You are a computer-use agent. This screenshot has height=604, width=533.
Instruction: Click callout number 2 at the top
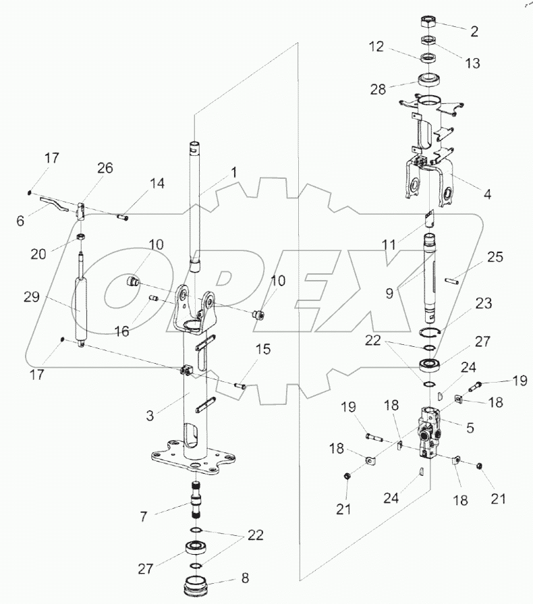pos(474,30)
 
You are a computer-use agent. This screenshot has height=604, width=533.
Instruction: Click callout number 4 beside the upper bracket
pos(487,194)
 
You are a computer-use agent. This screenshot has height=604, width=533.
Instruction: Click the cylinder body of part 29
pos(80,308)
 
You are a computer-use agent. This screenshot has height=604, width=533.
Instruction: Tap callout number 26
pos(104,169)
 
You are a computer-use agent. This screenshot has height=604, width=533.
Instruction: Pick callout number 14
pos(157,183)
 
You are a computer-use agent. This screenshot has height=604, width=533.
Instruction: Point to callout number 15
pos(263,350)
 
